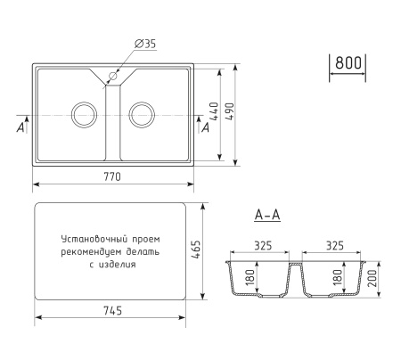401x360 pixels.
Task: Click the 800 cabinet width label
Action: point(348,64)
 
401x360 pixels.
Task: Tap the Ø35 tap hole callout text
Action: point(144,45)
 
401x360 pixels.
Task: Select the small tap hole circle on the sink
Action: point(114,77)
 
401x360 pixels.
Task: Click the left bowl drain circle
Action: point(84,114)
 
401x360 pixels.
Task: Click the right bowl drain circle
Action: point(140,114)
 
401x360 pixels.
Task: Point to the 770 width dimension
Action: point(113,177)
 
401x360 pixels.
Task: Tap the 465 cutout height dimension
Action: point(197,252)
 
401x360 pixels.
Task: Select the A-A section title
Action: point(267,215)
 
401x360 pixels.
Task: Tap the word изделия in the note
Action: point(119,264)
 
